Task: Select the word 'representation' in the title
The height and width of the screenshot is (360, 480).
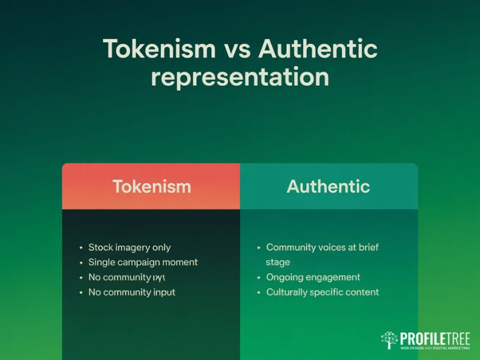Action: tap(239, 77)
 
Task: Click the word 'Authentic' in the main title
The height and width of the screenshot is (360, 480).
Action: tap(317, 49)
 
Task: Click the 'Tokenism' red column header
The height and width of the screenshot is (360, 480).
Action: tap(151, 186)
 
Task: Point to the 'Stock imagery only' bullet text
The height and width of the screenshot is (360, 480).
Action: tap(129, 247)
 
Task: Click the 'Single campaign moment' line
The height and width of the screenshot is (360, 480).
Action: tap(143, 262)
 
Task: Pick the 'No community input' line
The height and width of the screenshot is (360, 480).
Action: tap(131, 292)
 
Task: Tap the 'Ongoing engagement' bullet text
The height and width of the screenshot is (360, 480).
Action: tap(313, 277)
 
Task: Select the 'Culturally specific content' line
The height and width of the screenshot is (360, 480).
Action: tap(322, 292)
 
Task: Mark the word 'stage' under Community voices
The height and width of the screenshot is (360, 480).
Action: tap(278, 262)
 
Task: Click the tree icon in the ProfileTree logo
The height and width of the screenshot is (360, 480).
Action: tap(389, 340)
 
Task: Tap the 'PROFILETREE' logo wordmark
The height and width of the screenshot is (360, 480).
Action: tap(434, 338)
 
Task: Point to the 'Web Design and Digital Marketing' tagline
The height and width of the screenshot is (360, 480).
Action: tap(434, 348)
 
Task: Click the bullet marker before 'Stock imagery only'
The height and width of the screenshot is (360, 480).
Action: tap(81, 247)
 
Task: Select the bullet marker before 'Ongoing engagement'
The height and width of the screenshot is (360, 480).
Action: tap(259, 277)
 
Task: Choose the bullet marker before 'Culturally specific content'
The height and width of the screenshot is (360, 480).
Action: tap(259, 292)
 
